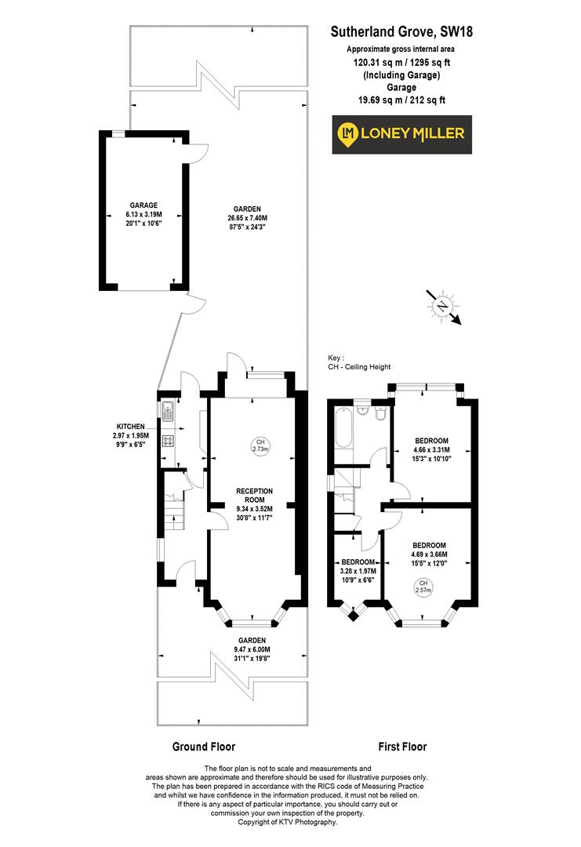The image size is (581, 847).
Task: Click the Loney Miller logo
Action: tap(400, 134)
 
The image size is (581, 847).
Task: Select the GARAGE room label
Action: tap(143, 204)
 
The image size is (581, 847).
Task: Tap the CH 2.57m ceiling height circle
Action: tap(423, 586)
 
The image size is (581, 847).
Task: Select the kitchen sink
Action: tap(168, 409)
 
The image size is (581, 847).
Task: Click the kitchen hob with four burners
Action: tap(168, 441)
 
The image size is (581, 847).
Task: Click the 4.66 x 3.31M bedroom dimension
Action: tap(432, 450)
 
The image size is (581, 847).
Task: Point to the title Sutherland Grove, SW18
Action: tap(401, 32)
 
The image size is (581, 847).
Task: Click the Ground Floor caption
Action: tap(203, 747)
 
